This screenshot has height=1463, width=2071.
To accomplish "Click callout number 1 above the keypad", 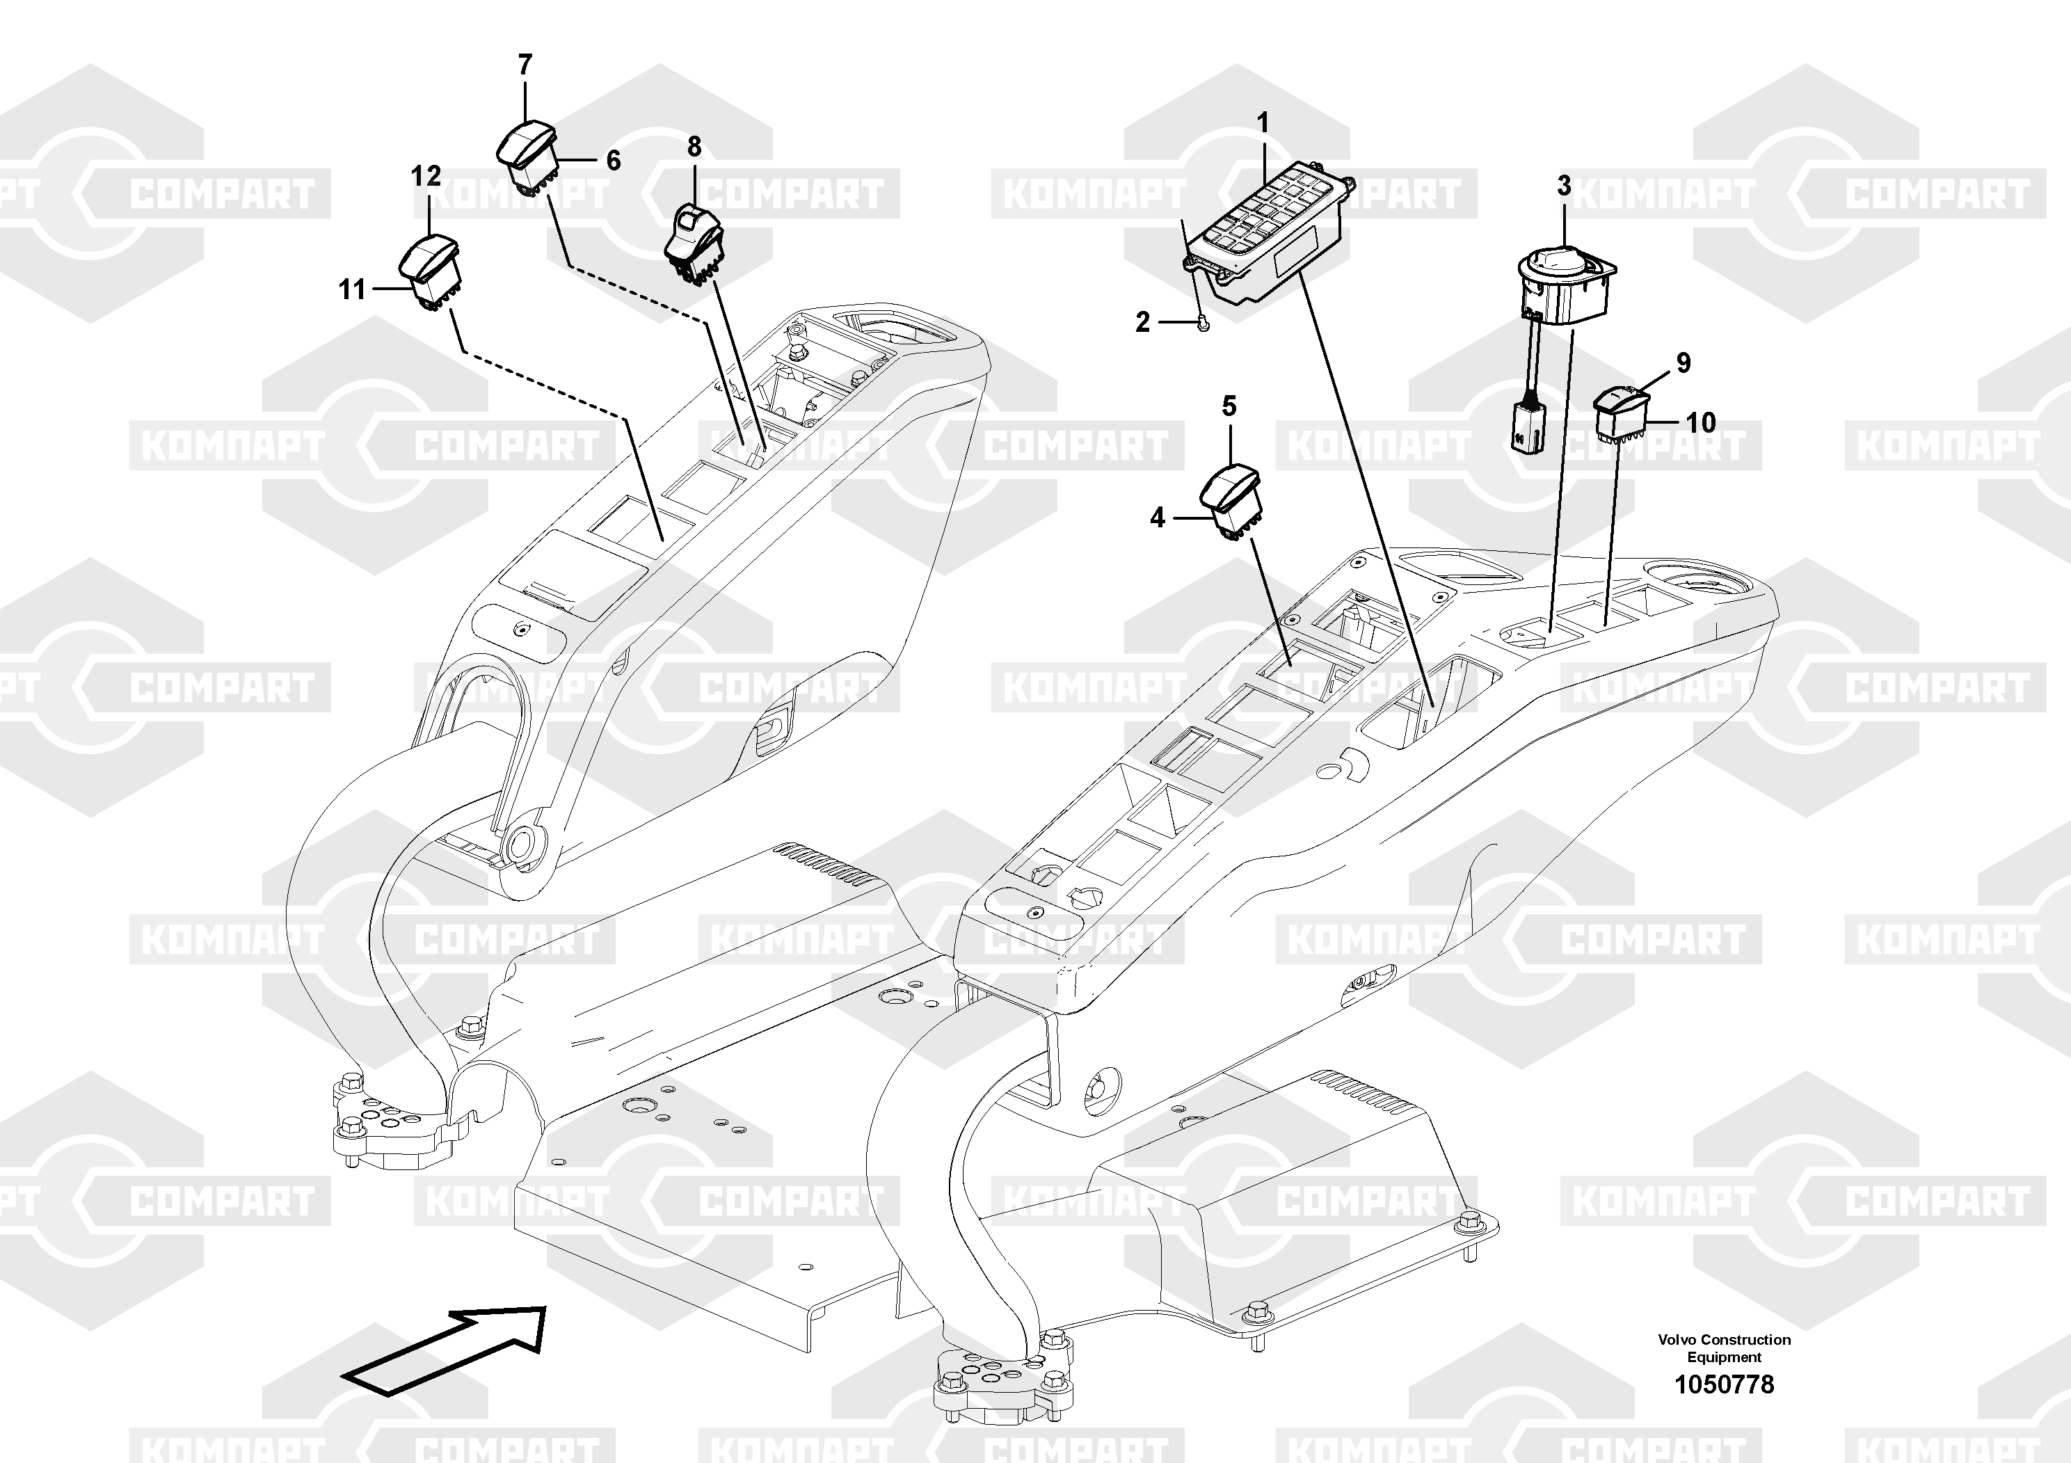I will click(1263, 122).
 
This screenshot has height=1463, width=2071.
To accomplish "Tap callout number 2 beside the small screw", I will click(1143, 322).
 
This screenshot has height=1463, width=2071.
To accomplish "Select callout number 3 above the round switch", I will click(1563, 186).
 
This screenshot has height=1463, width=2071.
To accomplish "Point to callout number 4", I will click(1158, 518).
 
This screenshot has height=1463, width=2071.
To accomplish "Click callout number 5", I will click(1229, 407).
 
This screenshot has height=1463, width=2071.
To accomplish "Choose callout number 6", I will click(614, 161).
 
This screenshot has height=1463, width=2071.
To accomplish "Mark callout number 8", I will click(694, 146).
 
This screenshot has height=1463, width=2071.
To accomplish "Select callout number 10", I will click(1700, 422).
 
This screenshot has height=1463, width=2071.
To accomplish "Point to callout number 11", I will click(352, 289).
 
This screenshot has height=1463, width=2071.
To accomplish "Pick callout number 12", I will click(426, 176).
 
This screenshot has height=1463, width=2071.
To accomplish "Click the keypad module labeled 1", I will click(1268, 234).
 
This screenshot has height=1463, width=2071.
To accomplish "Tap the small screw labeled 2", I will click(1201, 326).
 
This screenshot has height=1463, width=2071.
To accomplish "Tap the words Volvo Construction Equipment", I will click(1724, 1348).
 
